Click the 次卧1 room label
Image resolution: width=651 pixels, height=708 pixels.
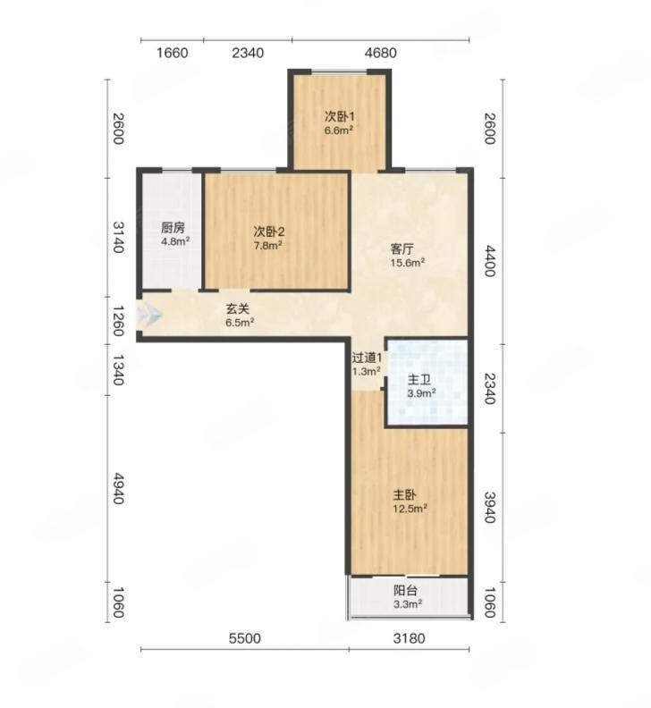pos(340,116)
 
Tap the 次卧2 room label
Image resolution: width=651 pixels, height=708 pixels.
pos(269,232)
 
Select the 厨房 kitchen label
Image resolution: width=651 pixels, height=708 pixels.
pos(173,228)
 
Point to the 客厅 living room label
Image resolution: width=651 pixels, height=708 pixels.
pos(402,249)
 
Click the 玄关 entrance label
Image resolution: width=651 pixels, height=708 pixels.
pos(238,309)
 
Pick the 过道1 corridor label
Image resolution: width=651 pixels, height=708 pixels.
pos(367,358)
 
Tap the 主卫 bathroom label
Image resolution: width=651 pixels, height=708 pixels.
pos(418,380)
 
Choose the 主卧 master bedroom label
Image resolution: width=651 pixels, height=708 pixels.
pos(404,495)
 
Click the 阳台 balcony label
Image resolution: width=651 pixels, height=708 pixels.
pos(405,591)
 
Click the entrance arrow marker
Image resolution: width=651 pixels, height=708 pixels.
pos(149,314)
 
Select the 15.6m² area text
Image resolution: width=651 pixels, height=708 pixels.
pos(408,263)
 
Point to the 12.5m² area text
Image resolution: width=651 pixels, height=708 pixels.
pos(410,509)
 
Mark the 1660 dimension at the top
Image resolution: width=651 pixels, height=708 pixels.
pos(172,54)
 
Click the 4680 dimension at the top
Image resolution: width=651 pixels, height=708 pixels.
pos(380,54)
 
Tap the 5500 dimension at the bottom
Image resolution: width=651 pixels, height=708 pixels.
pos(245,638)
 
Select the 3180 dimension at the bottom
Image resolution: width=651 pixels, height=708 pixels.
pos(409,638)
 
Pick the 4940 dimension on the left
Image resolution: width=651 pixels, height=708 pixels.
pos(118,489)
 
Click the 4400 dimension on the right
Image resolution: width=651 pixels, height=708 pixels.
pos(490,261)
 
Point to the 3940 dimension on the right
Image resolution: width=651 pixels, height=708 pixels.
pos(490,508)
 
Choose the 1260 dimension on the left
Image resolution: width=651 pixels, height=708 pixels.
pos(118,321)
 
